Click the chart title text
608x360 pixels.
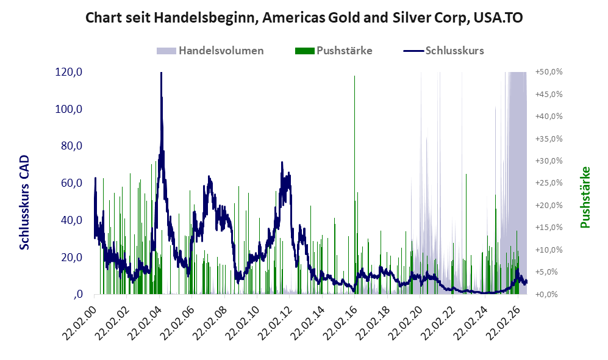(304, 18)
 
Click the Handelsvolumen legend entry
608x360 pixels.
(210, 51)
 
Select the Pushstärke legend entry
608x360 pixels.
(334, 51)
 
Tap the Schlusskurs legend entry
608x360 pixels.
(443, 51)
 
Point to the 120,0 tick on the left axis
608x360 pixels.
(69, 72)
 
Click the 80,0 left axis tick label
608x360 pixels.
(72, 146)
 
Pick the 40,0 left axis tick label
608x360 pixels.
(72, 220)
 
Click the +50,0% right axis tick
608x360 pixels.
(549, 72)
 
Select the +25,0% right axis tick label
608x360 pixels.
(549, 182)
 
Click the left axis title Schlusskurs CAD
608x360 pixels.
(24, 202)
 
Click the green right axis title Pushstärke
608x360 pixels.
(585, 198)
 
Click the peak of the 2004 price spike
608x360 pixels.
(161, 73)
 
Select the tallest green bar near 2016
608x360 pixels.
(354, 185)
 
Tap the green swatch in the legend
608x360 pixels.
(304, 51)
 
